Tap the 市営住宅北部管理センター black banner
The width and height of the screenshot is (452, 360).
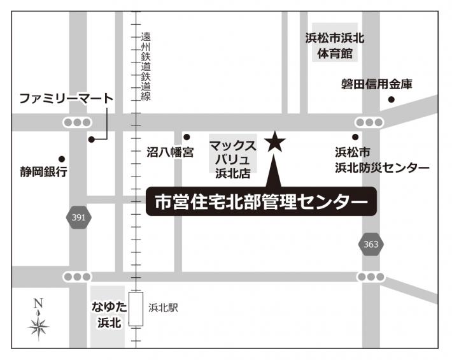(262, 202)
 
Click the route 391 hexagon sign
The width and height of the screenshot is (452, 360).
(78, 218)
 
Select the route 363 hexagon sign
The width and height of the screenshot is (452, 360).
(371, 244)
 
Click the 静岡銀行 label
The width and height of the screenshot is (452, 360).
(43, 172)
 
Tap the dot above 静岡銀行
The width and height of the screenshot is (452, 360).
(62, 159)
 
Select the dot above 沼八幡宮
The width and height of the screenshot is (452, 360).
(187, 137)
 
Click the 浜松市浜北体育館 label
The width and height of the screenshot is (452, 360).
(334, 47)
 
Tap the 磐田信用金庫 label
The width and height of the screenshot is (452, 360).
(377, 84)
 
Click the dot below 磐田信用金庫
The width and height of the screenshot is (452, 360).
(391, 99)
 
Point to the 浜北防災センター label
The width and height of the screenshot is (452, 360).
(382, 161)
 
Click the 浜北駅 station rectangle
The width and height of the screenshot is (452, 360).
(135, 309)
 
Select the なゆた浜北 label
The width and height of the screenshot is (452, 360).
(109, 315)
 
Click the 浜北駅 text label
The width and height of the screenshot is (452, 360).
(163, 308)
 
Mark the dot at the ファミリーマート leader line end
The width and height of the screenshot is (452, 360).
(92, 138)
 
